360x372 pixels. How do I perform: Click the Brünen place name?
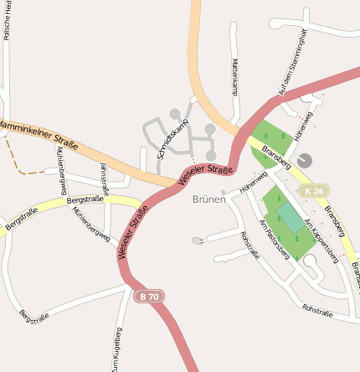(208, 199)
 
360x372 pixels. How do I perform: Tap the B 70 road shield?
(147, 296)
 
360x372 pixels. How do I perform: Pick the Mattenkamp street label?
(235, 80)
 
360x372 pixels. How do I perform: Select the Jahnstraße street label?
(105, 178)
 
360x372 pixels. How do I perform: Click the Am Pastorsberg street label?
(275, 239)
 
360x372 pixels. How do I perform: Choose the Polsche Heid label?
(7, 20)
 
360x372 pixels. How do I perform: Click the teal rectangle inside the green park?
(291, 217)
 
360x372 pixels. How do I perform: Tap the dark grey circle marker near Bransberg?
(304, 159)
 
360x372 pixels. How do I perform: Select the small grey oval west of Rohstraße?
(198, 241)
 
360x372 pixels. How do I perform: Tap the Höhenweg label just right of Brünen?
(253, 183)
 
